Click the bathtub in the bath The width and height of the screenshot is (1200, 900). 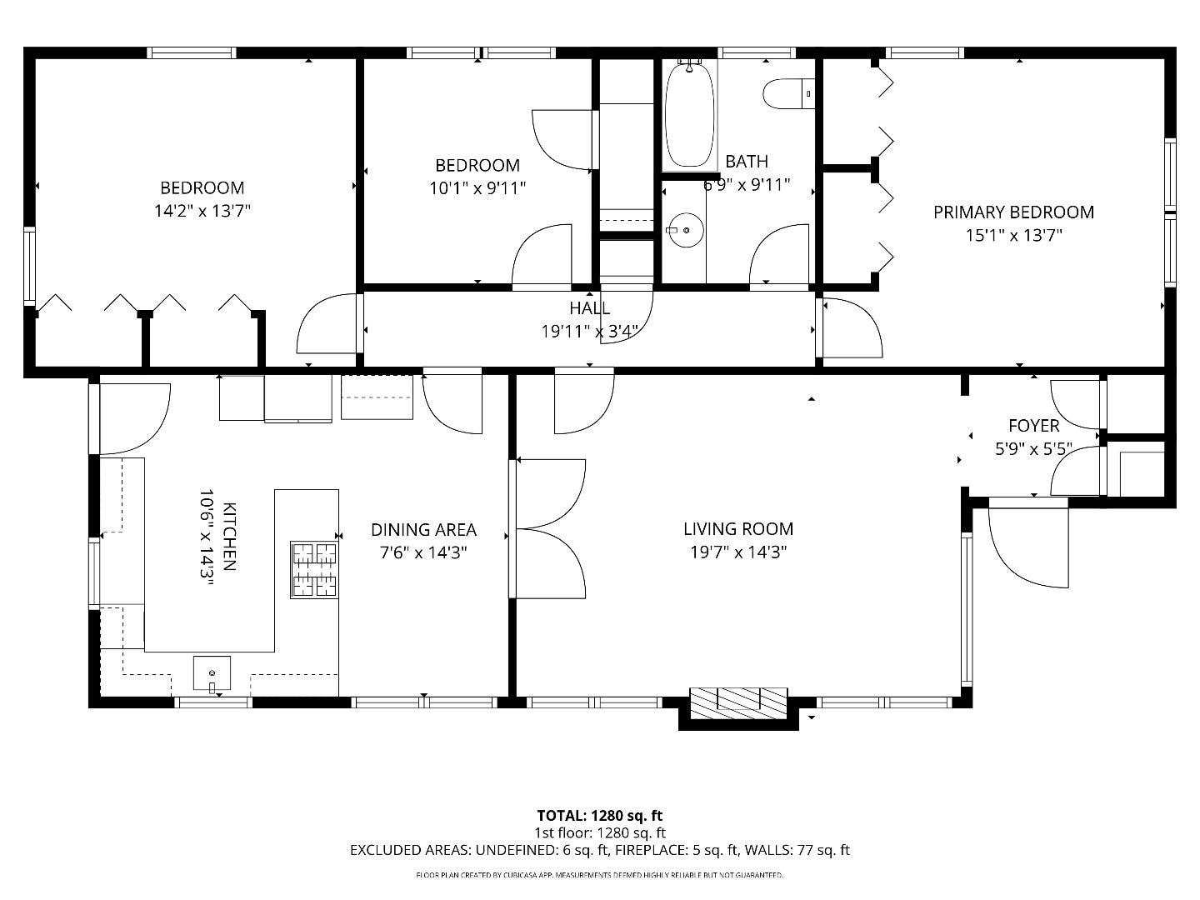click(689, 115)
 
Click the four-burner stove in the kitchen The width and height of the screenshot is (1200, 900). click(314, 570)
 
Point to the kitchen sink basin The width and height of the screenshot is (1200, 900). click(212, 673)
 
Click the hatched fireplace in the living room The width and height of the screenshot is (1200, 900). click(738, 703)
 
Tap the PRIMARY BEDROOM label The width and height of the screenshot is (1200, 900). click(1013, 212)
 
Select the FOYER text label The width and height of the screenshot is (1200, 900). click(1033, 426)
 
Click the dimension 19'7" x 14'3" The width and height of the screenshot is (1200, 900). click(738, 552)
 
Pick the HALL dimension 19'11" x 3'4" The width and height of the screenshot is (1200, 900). click(590, 332)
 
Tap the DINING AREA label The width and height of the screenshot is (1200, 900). click(423, 530)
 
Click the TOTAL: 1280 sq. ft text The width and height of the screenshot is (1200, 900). click(599, 816)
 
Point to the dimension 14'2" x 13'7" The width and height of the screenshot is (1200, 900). click(202, 211)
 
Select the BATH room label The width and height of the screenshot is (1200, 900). click(746, 162)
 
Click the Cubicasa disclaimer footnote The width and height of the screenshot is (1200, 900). click(599, 875)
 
